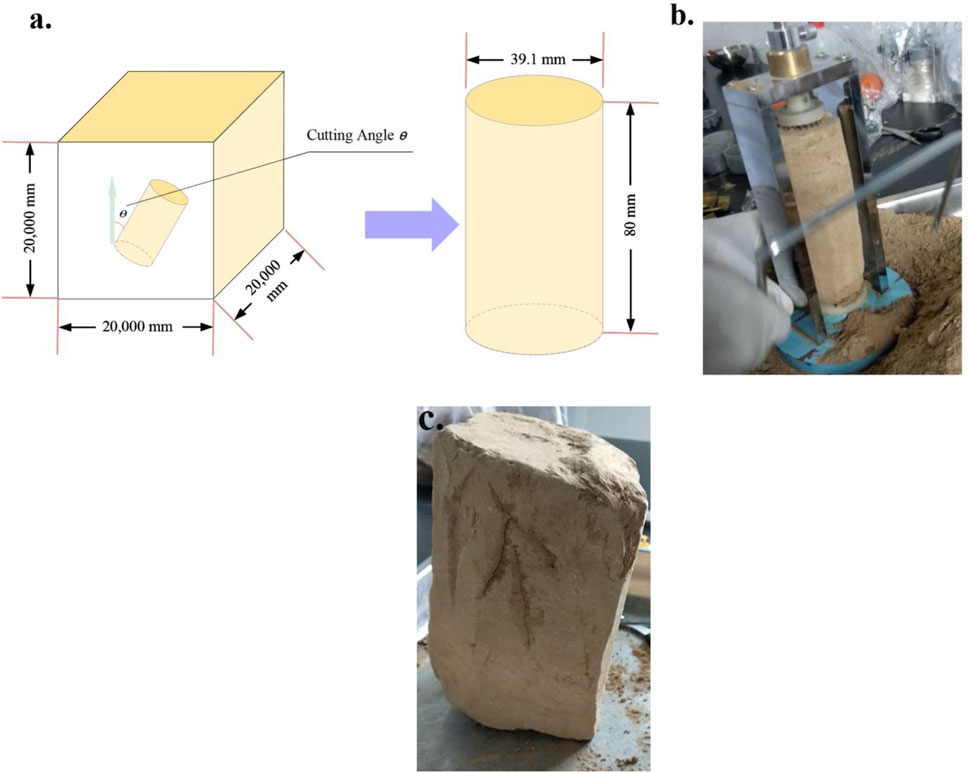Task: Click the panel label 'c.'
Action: click(430, 420)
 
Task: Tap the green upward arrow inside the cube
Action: click(112, 210)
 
